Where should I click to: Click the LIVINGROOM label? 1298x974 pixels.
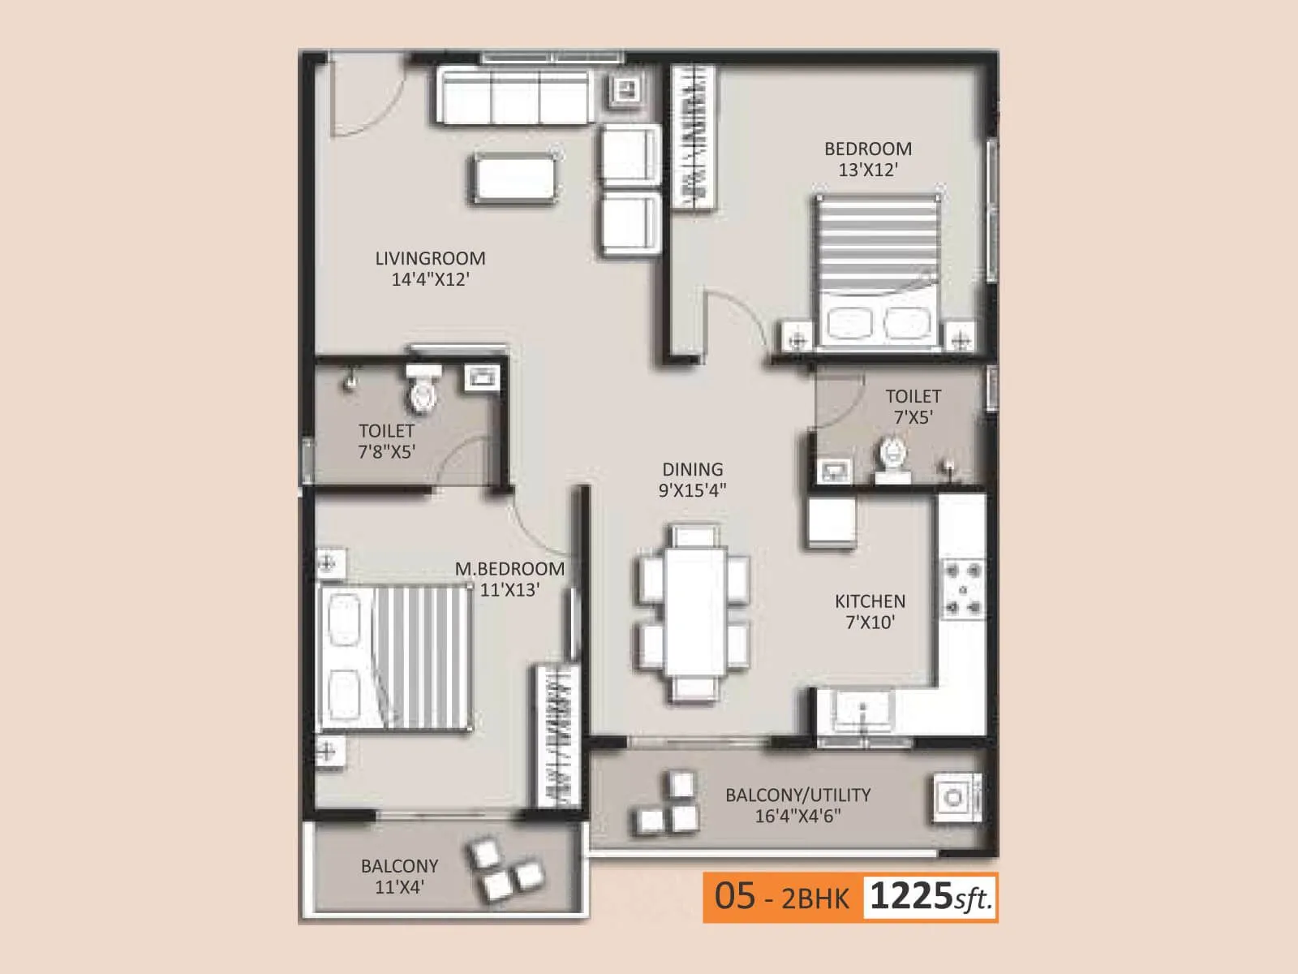pos(430,258)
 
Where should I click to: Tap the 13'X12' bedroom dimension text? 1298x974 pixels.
pos(868,170)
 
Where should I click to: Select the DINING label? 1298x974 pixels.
pos(692,469)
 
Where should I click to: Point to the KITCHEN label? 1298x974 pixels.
pos(870,601)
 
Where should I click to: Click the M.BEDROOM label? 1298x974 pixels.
pos(509,569)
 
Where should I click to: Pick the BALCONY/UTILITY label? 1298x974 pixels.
pos(797,795)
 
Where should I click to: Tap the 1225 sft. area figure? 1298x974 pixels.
pos(930,897)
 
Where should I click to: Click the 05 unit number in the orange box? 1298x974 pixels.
pos(735,896)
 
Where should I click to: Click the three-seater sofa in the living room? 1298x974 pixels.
pos(514,97)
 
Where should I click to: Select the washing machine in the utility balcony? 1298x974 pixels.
pos(954,797)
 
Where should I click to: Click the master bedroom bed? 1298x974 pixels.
pos(398,657)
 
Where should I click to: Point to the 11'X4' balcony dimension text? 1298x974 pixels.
pos(399,887)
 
